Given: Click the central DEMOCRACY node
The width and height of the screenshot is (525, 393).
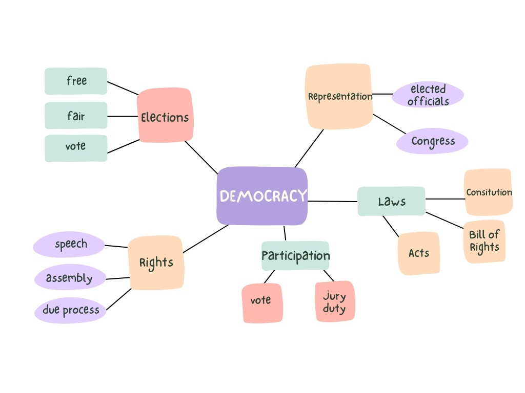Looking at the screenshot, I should tap(262, 196).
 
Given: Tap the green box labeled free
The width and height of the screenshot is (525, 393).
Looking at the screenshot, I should tap(76, 81).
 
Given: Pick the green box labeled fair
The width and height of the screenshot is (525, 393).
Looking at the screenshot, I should tap(76, 116).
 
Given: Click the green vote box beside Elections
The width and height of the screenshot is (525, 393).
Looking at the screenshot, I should tap(76, 148).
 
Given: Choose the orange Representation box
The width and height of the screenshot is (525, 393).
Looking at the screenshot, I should tap(339, 96).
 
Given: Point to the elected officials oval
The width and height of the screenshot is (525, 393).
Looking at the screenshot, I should tap(428, 95).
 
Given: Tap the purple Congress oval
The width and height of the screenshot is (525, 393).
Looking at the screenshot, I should tap(432, 141).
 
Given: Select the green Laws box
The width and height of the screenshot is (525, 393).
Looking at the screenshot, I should tap(391, 201).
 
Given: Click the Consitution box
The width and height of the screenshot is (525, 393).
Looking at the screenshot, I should tap(488, 192).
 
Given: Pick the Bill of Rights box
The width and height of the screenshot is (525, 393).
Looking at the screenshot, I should tap(484, 241).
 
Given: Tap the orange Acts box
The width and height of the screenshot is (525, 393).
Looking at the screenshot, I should tap(418, 253).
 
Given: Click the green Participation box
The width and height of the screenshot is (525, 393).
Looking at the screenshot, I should tap(295, 255).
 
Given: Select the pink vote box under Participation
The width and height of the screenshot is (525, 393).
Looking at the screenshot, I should tap(261, 302).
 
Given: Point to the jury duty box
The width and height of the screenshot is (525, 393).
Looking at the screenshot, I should tap(334, 301).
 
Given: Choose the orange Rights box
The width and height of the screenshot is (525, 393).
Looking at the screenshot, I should tap(156, 263).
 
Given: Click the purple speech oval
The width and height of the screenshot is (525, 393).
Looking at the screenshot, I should tap(70, 245).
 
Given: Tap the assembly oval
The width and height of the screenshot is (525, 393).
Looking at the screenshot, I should tap(70, 278).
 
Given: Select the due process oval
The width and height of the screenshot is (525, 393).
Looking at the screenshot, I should tap(70, 310).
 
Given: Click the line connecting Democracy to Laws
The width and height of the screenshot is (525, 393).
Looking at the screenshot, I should tap(332, 201).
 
